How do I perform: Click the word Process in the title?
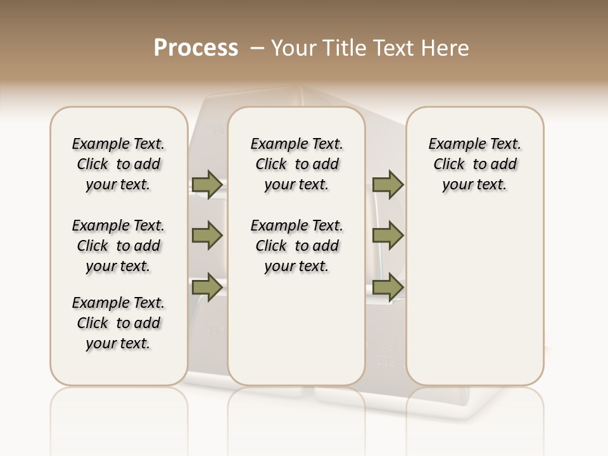coord(196,48)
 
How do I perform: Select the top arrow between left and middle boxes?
coord(207,185)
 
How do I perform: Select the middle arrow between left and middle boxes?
coord(207,236)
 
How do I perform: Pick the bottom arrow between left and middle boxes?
coord(207,287)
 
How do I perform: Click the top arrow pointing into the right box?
coord(388,185)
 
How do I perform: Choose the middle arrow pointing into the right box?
coord(388,236)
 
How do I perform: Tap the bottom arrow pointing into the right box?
coord(388,287)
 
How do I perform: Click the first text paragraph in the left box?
coord(118,164)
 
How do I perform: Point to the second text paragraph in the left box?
coord(118,246)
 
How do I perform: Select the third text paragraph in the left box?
coord(118,323)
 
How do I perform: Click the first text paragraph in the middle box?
coord(297,164)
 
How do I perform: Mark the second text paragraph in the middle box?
coord(297,246)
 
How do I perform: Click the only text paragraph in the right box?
coord(475,164)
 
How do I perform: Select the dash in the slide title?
coord(257,48)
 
